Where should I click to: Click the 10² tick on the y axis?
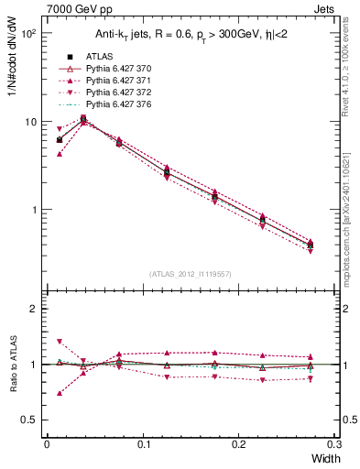28,34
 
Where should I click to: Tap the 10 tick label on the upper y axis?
28,122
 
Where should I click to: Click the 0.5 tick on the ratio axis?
28,420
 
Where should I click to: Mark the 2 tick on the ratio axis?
32,310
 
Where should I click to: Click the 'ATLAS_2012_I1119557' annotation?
189,274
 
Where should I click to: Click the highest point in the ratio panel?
60,341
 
